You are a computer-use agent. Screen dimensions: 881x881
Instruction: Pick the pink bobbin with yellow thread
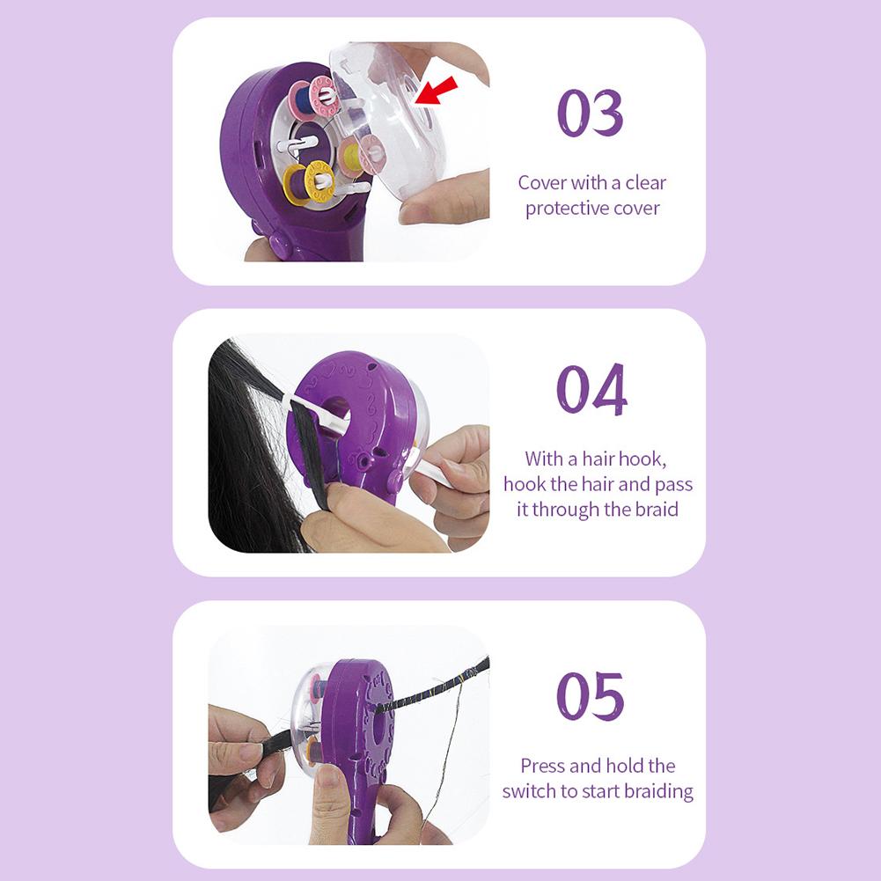click(x=357, y=155)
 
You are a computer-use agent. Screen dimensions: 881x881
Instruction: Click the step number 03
click(x=591, y=114)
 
